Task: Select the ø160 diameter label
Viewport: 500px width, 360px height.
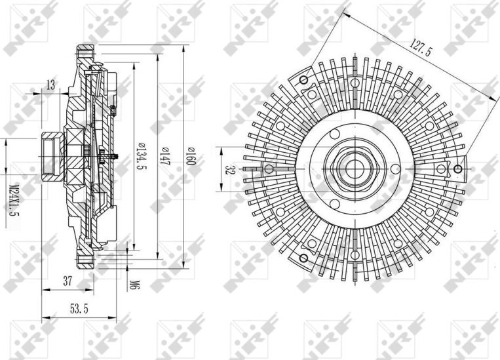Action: pos(191,157)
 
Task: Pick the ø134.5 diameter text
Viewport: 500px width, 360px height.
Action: pos(141,157)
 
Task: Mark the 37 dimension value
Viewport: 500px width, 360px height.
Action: pos(67,281)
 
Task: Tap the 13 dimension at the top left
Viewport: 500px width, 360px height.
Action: pos(50,83)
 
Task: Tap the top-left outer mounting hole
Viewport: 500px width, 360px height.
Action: pos(303,80)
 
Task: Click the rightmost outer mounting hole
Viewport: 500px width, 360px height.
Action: pos(458,170)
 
